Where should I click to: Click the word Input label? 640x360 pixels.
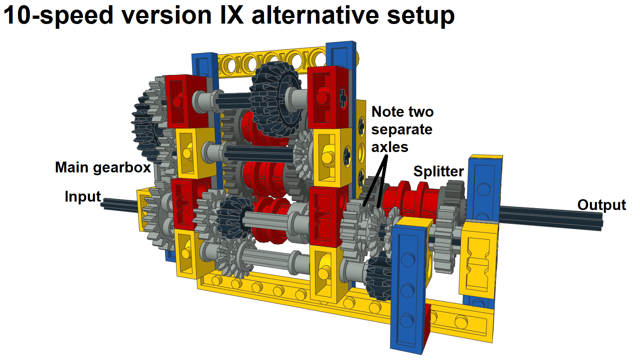[x=83, y=197]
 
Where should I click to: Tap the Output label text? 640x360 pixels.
[x=601, y=205]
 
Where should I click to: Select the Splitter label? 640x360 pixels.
[x=438, y=171]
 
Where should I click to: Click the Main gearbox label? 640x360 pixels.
[x=103, y=167]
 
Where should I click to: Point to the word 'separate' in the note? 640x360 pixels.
[x=402, y=130]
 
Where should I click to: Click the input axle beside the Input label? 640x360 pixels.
[x=120, y=205]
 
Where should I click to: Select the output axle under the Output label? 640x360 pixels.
[x=552, y=218]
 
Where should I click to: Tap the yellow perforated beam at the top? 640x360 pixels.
[x=272, y=60]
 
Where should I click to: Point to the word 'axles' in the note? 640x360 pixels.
[x=390, y=147]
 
